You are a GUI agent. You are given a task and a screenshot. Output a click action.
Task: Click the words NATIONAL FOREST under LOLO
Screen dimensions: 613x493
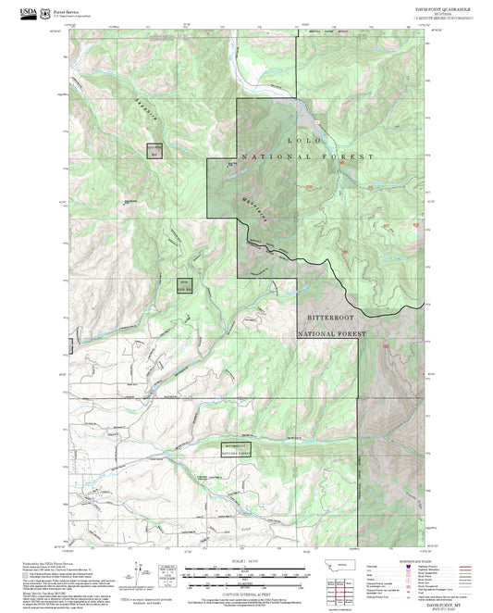(308, 158)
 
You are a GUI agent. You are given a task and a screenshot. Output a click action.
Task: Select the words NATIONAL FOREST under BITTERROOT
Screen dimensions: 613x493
(331, 332)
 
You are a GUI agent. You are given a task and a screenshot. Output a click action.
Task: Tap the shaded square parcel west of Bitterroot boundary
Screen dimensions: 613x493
(184, 285)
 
